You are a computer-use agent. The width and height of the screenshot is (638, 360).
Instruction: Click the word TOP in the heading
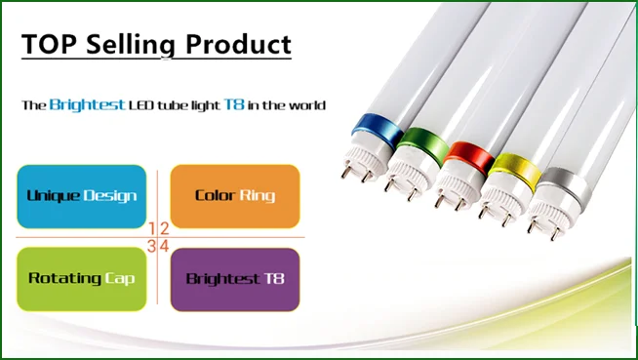(50, 44)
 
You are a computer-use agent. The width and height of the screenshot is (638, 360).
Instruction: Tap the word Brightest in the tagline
(88, 104)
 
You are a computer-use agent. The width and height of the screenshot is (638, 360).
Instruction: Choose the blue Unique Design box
(82, 196)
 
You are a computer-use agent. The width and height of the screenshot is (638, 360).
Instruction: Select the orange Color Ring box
(235, 196)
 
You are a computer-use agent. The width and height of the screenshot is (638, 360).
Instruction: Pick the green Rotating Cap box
(82, 279)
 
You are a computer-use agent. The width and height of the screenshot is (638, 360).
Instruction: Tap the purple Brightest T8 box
(235, 279)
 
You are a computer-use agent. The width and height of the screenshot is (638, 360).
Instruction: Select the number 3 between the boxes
(152, 246)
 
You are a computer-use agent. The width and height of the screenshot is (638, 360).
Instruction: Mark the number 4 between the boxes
(165, 246)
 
